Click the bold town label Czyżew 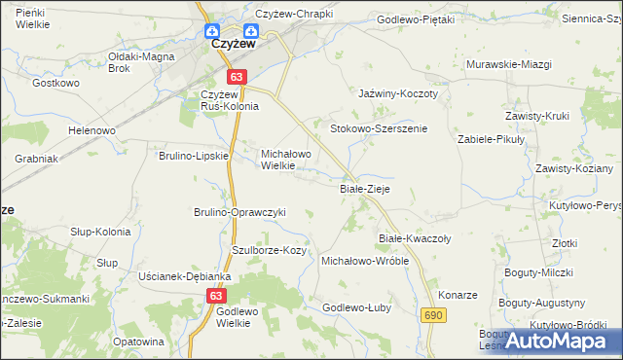(x=234, y=45)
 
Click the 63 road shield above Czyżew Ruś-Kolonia (x=238, y=76)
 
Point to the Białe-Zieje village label (x=364, y=189)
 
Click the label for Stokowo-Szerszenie (x=379, y=128)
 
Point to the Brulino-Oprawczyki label (x=239, y=212)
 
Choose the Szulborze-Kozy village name (x=269, y=250)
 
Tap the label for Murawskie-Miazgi (x=509, y=64)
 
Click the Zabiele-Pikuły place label (x=492, y=139)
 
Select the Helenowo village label (x=92, y=130)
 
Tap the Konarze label (x=458, y=295)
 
